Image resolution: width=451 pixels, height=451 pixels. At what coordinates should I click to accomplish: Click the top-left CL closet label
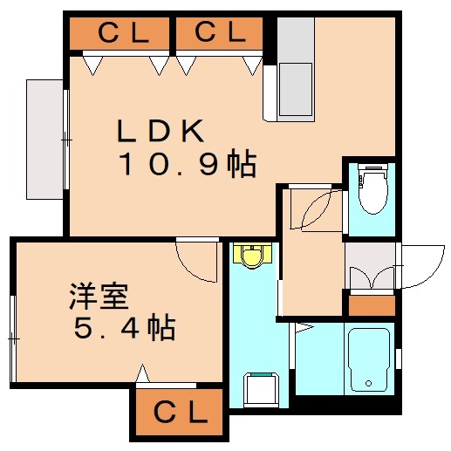120,33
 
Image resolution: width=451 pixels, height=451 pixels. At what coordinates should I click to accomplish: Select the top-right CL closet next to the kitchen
219,33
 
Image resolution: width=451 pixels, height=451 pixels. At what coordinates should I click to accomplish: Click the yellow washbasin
252,256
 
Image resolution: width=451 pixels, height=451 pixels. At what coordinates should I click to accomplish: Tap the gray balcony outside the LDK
45,139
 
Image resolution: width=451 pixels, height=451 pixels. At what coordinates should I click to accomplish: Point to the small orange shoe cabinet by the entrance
371,305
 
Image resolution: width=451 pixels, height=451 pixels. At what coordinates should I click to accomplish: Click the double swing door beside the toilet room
311,208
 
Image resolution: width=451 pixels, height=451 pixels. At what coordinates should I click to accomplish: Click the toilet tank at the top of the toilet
372,170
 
